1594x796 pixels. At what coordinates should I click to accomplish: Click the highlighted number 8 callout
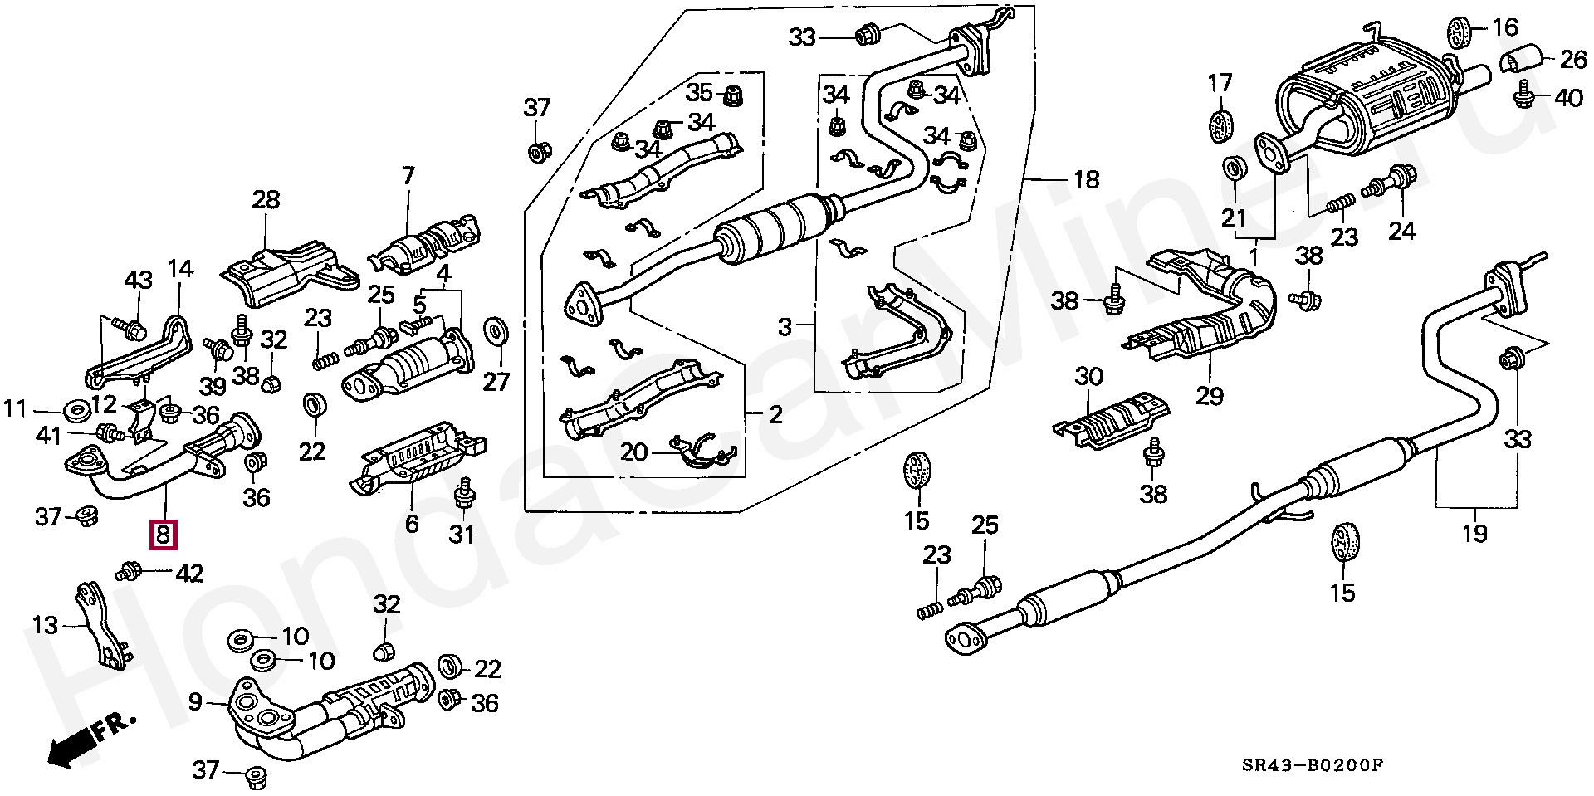(163, 535)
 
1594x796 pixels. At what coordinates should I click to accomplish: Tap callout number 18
(1086, 179)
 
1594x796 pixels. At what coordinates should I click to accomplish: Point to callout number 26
(1573, 60)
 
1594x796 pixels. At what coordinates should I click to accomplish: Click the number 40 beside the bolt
(1568, 98)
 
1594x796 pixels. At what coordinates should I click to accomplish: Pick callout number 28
(266, 199)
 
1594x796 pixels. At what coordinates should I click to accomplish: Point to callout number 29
(1210, 396)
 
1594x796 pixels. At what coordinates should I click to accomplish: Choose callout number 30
(1088, 377)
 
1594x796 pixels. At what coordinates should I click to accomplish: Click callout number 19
(1474, 532)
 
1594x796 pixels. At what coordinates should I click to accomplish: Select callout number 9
(195, 703)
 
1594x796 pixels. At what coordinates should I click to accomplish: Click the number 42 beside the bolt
(189, 574)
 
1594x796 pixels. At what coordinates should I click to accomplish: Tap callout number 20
(633, 452)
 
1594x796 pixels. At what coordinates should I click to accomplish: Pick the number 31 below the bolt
(462, 534)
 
